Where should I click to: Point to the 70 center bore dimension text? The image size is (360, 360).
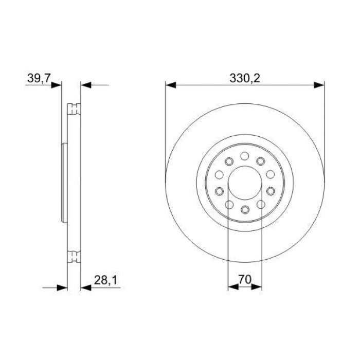(245, 280)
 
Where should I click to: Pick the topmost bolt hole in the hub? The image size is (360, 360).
(245, 156)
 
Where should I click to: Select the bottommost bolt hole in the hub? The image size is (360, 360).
(245, 209)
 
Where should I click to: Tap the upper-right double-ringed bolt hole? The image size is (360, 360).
(261, 160)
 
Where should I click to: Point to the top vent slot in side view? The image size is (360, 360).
(75, 109)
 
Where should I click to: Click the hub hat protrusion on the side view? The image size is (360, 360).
(64, 183)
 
